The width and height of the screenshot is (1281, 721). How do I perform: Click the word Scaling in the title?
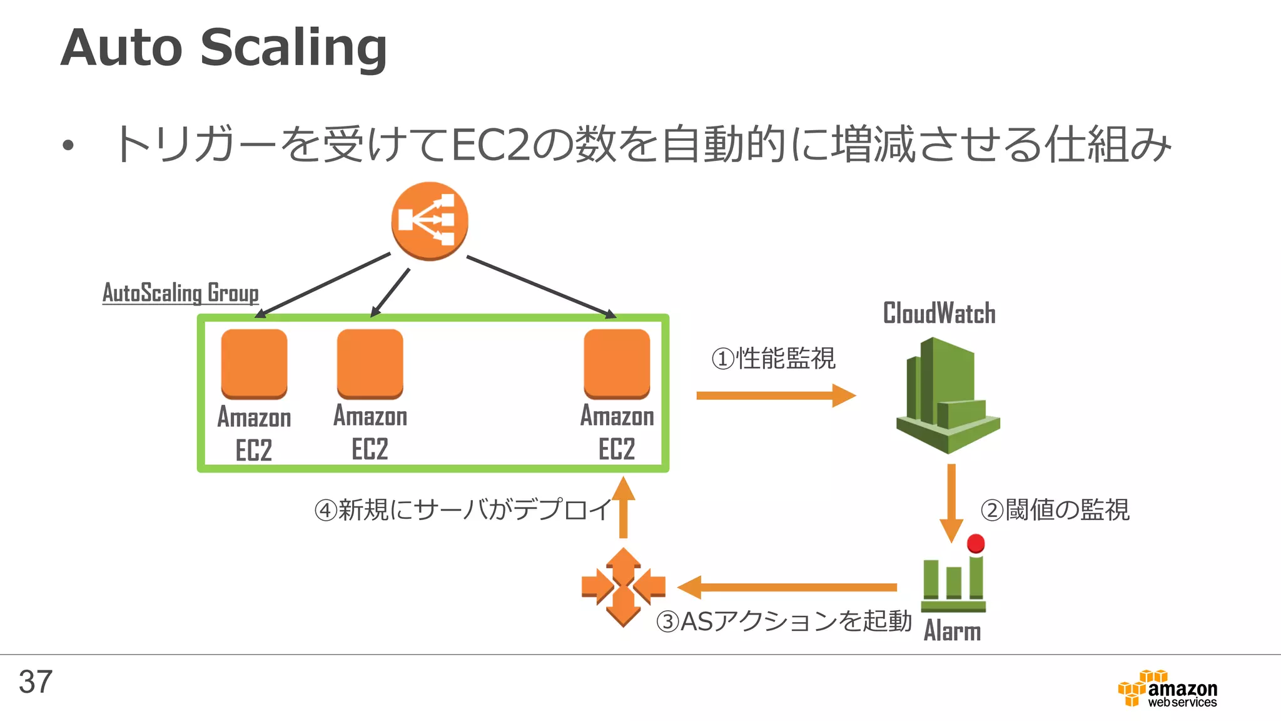[294, 48]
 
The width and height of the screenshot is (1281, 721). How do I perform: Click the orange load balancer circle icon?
[430, 221]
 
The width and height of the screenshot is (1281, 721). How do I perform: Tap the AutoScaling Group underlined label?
[180, 293]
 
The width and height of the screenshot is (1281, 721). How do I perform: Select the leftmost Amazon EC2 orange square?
[254, 364]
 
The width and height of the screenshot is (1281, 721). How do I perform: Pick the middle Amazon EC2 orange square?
[370, 364]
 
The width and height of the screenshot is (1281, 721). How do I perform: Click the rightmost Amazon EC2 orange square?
[617, 364]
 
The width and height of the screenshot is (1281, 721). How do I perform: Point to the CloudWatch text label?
[939, 313]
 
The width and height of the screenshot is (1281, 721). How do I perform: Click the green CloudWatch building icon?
[947, 396]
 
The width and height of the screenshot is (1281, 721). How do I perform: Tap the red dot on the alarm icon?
[976, 543]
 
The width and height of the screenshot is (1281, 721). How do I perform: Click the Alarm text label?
[952, 631]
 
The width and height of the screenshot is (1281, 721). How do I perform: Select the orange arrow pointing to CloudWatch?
[776, 396]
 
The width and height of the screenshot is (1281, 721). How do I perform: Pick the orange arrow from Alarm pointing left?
[788, 587]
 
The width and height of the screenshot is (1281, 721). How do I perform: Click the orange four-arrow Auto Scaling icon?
[623, 587]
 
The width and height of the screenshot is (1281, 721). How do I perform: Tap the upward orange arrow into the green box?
[623, 507]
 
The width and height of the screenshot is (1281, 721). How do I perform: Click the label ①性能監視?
[773, 359]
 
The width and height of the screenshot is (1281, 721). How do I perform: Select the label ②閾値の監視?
[1055, 509]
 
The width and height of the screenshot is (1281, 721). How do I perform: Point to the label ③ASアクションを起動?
[783, 621]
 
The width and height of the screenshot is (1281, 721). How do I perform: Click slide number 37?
[36, 682]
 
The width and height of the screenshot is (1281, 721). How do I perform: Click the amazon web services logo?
[1168, 689]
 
